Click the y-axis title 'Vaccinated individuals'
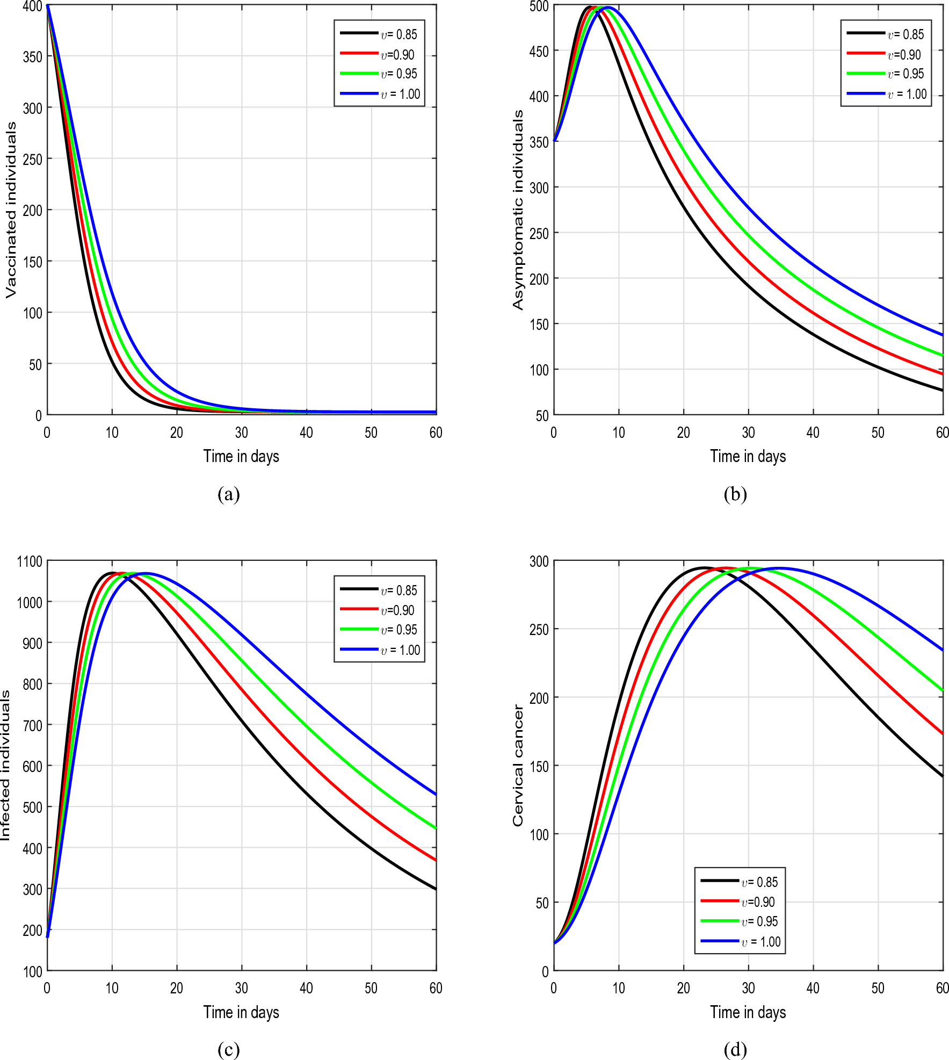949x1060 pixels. click(11, 210)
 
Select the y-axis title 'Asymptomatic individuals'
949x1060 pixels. click(518, 210)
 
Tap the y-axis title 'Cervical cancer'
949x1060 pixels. click(518, 766)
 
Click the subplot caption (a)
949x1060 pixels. click(228, 494)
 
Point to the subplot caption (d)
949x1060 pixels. click(735, 1049)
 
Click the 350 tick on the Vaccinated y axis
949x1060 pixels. click(32, 57)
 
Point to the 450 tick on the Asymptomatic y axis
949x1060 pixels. click(539, 52)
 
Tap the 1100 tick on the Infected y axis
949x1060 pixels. click(30, 561)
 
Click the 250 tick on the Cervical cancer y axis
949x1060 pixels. click(539, 630)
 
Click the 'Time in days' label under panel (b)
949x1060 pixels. click(748, 456)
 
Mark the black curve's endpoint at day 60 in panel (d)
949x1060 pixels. click(942, 776)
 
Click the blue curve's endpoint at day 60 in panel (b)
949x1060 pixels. click(942, 335)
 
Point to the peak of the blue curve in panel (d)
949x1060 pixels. click(779, 568)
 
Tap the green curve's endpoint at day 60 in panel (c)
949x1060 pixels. click(435, 828)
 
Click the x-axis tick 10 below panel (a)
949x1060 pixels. click(112, 432)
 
